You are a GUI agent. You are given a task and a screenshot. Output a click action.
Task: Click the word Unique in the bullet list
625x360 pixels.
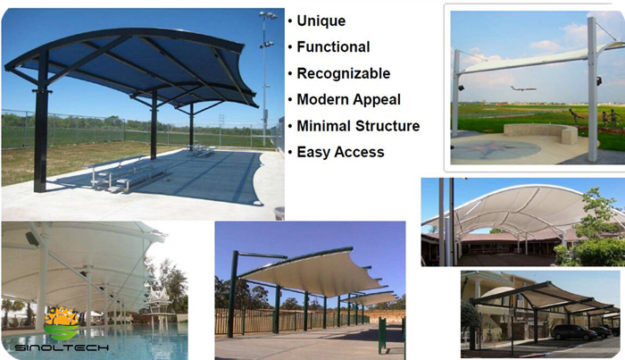[321, 21]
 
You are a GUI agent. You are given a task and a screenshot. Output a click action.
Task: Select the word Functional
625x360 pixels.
[333, 47]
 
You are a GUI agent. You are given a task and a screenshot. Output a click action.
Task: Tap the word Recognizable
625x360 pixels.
[343, 74]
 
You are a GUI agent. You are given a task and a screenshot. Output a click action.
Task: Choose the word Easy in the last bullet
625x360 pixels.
[313, 152]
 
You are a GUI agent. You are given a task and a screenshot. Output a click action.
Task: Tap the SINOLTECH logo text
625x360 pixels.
[62, 347]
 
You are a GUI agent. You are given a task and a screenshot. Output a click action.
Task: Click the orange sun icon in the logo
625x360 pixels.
[62, 316]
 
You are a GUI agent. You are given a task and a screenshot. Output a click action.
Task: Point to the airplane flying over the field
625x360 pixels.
[523, 88]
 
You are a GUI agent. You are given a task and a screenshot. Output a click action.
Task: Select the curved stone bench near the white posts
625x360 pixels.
[541, 134]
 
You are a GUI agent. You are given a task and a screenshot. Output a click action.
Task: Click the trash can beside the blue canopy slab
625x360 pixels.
[279, 213]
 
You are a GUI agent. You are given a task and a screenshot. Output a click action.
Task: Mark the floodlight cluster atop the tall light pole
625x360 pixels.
[268, 15]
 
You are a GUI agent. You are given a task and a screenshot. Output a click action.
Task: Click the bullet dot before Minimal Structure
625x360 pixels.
[290, 126]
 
